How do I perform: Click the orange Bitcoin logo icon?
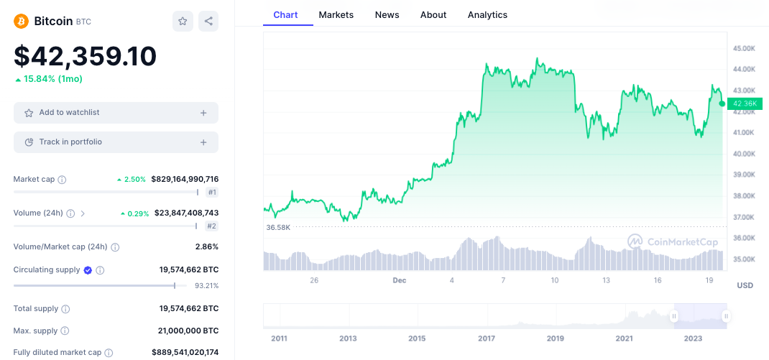(x=21, y=21)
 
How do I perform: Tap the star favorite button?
(x=183, y=22)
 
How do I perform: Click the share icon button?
(x=208, y=22)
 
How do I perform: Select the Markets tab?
(x=336, y=14)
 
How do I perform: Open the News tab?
(x=387, y=14)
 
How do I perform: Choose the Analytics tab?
(x=487, y=14)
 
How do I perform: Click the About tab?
(x=433, y=14)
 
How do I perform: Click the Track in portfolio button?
(x=116, y=142)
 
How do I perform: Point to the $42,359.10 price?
(x=85, y=56)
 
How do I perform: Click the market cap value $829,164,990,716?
(x=185, y=179)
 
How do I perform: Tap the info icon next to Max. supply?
(x=65, y=331)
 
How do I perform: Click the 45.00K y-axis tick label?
(x=744, y=48)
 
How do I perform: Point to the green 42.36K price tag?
(x=745, y=104)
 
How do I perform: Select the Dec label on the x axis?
(x=400, y=280)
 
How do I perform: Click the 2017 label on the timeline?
(x=486, y=338)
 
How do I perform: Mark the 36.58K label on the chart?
(x=278, y=227)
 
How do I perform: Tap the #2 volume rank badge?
(x=212, y=226)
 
